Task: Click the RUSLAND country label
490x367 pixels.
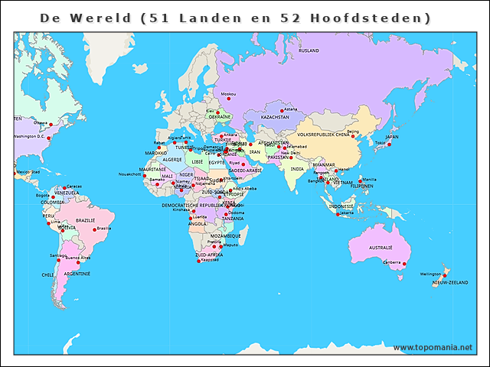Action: coord(309,50)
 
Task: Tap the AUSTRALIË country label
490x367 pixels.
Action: coord(381,248)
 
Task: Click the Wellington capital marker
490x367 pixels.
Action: coord(445,274)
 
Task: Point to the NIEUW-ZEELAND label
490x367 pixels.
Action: coord(449,283)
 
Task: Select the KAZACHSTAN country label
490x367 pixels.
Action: coord(275,118)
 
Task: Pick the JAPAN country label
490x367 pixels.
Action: coord(391,137)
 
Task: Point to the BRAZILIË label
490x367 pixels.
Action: coord(85,220)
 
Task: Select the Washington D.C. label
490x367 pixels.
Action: coord(30,137)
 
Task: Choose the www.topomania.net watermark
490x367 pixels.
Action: coord(433,347)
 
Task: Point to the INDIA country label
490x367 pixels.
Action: coord(297,169)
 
